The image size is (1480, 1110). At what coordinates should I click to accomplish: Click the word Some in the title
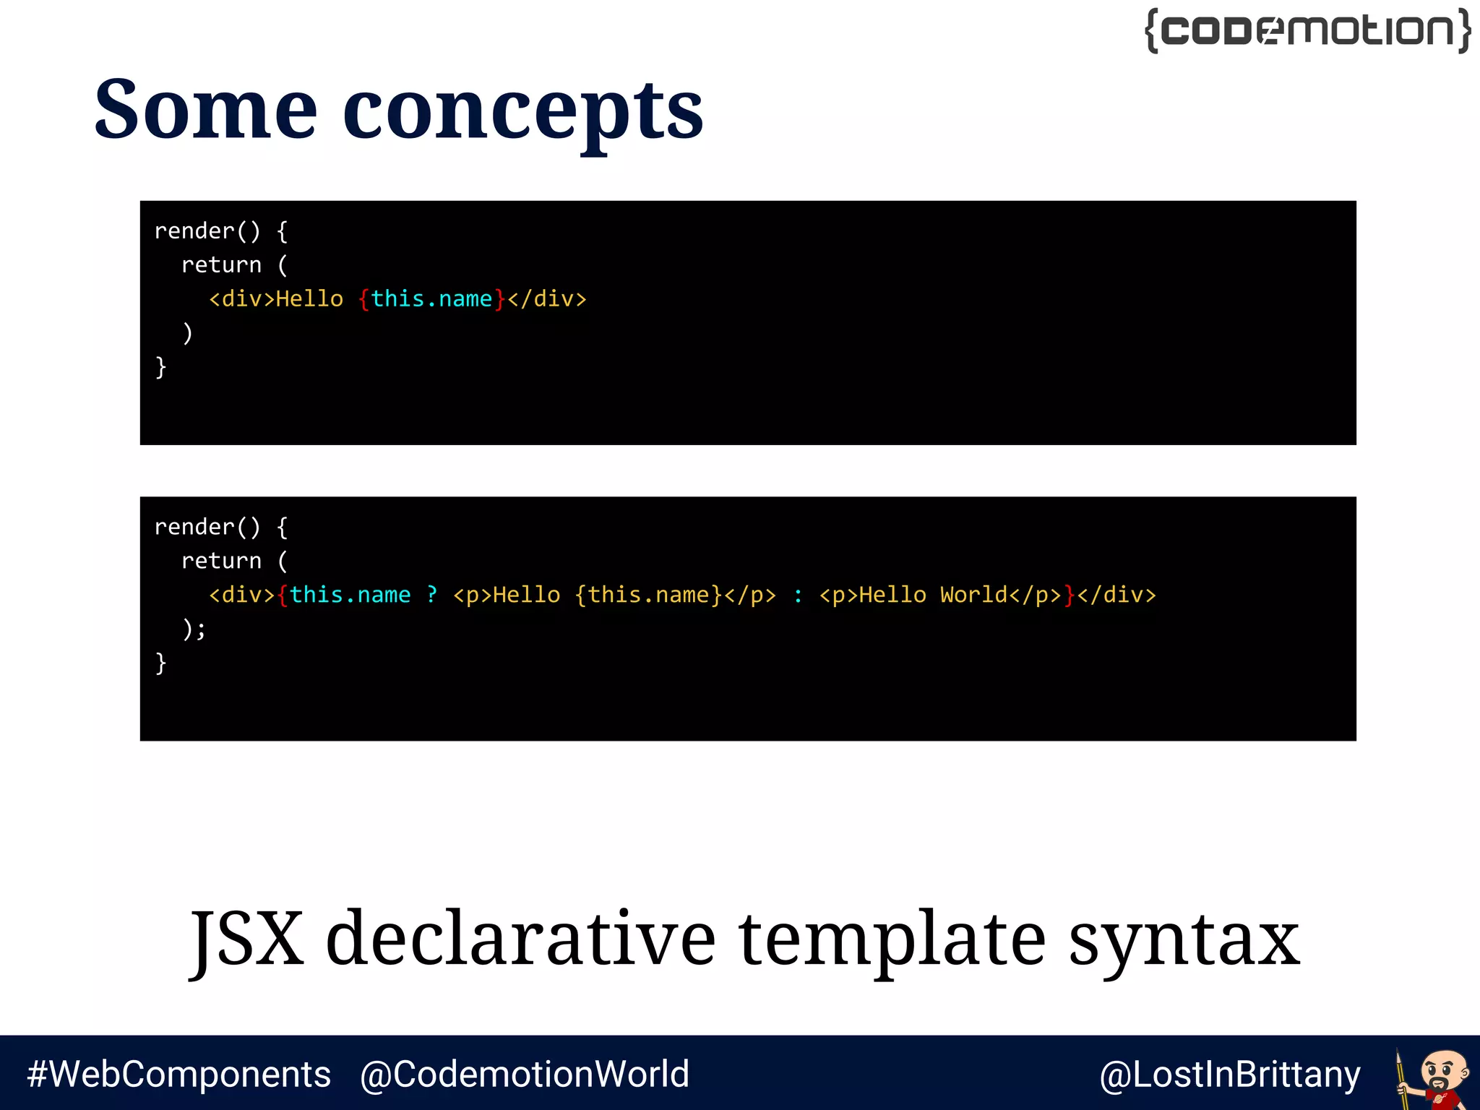pyautogui.click(x=206, y=110)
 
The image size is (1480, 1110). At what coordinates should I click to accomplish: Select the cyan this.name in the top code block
pyautogui.click(x=431, y=298)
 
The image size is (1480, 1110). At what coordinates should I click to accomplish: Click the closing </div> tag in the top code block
pyautogui.click(x=547, y=298)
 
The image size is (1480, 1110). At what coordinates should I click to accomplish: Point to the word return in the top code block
pyautogui.click(x=221, y=264)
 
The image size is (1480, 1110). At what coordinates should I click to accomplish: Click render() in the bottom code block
pyautogui.click(x=207, y=527)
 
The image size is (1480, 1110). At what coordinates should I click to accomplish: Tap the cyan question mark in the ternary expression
pyautogui.click(x=432, y=595)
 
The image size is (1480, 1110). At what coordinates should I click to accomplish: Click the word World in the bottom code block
pyautogui.click(x=973, y=595)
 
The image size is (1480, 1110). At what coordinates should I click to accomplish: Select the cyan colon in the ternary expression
pyautogui.click(x=798, y=595)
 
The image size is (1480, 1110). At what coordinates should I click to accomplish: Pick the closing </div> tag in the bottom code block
pyautogui.click(x=1117, y=595)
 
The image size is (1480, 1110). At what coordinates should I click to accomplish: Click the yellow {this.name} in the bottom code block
pyautogui.click(x=648, y=595)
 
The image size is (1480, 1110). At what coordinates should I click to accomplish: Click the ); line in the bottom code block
pyautogui.click(x=194, y=629)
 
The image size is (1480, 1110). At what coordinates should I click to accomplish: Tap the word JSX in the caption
pyautogui.click(x=246, y=939)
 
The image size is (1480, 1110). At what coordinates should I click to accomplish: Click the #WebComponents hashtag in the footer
pyautogui.click(x=178, y=1074)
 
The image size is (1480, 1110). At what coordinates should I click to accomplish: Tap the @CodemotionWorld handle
pyautogui.click(x=525, y=1074)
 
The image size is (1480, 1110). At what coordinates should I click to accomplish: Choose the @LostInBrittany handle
pyautogui.click(x=1229, y=1075)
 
